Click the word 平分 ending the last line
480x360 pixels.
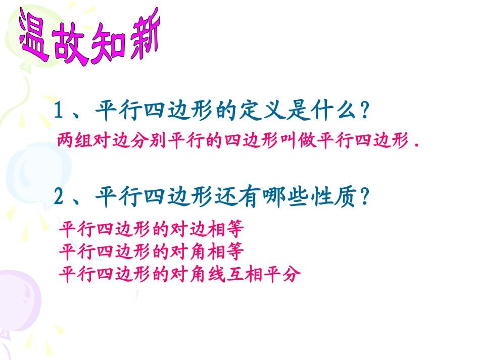point(285,274)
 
